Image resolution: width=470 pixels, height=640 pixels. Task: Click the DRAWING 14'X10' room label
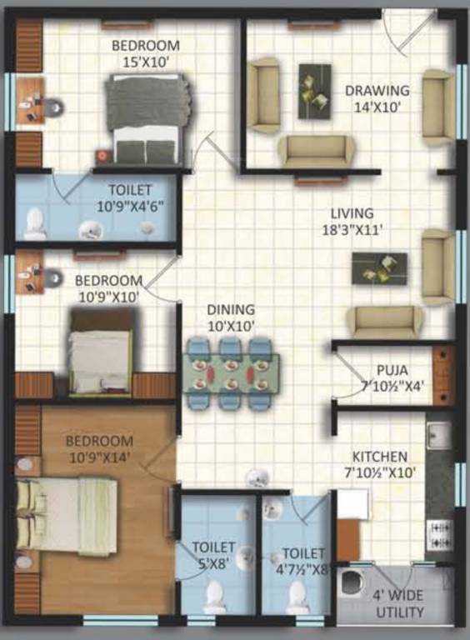coord(377,98)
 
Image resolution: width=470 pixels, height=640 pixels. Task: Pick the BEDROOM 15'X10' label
coord(146,52)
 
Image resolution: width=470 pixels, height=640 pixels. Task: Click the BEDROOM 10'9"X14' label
coord(100,448)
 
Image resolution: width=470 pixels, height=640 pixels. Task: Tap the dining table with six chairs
coord(231,372)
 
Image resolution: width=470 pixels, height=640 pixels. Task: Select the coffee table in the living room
coord(379,267)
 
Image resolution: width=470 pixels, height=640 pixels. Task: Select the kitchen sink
coord(438,434)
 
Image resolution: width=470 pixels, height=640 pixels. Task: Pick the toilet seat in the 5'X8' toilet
coord(215,596)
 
